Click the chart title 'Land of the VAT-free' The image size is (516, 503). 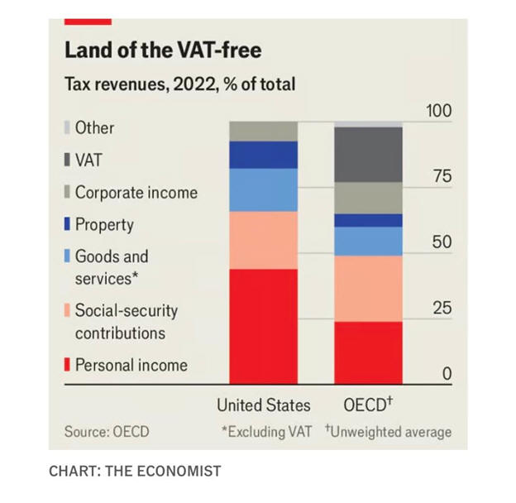[x=163, y=51]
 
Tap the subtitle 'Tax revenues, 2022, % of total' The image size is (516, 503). [x=179, y=84]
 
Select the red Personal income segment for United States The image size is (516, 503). [x=263, y=325]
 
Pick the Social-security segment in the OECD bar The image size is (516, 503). [x=368, y=288]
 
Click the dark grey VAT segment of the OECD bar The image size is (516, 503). [x=368, y=154]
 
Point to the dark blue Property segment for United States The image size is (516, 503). [x=263, y=155]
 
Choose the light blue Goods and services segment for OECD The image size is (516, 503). [x=368, y=241]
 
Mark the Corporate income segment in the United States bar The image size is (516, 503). [x=263, y=131]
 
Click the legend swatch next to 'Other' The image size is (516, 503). [x=67, y=128]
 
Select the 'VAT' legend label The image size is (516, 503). [x=88, y=160]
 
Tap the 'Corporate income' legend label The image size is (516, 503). [x=136, y=193]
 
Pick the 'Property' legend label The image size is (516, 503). [x=104, y=225]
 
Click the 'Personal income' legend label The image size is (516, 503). [x=131, y=365]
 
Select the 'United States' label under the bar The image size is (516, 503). [x=264, y=405]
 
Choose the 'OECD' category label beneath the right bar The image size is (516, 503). [x=365, y=405]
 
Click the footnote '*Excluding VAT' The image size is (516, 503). [x=266, y=432]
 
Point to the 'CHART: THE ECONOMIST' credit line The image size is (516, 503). [x=135, y=472]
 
